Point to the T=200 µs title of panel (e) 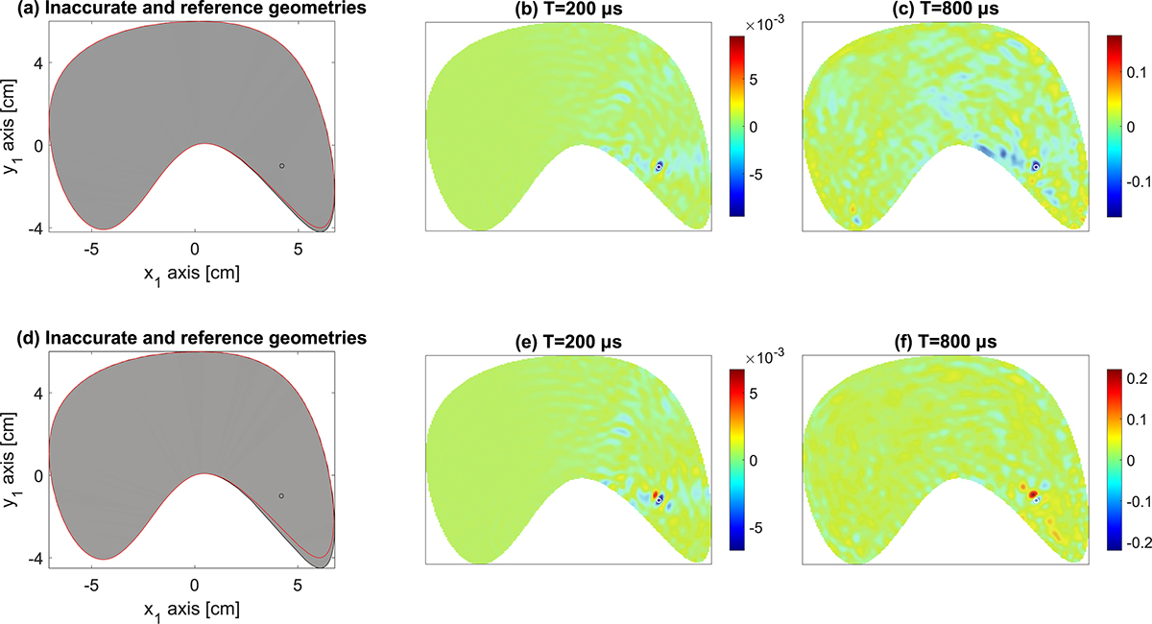[567, 341]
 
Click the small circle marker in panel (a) [281, 166]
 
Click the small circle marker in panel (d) [281, 496]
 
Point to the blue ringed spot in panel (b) [660, 166]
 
